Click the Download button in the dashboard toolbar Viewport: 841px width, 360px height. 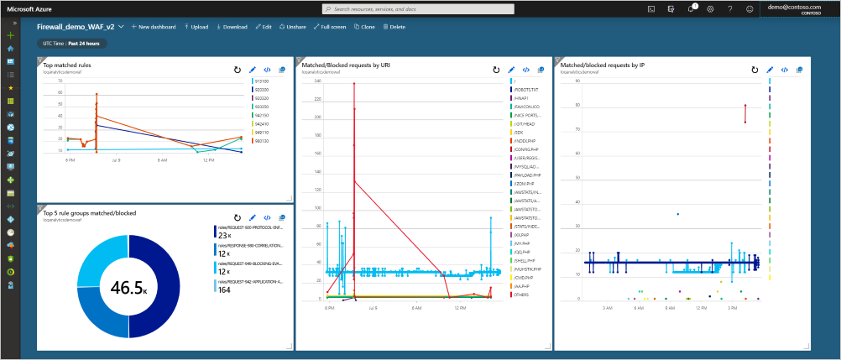232,27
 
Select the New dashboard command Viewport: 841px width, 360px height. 154,27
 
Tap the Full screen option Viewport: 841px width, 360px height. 329,27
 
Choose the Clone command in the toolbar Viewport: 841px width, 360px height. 364,27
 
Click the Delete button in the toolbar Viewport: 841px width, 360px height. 394,27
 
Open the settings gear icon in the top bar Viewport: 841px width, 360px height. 710,8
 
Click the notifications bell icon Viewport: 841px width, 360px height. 690,8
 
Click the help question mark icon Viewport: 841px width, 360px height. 729,8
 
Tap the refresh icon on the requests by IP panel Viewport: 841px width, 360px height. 755,70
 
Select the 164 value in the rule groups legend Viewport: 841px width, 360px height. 224,290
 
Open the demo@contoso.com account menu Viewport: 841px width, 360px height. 793,8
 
